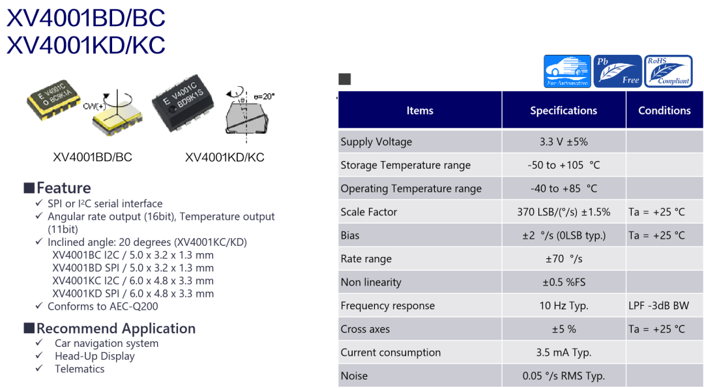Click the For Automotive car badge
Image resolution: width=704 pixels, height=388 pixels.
[x=567, y=71]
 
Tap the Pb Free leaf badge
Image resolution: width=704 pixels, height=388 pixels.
[x=617, y=71]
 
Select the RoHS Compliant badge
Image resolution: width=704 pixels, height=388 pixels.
[x=668, y=71]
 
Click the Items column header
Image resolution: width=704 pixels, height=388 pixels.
[x=420, y=110]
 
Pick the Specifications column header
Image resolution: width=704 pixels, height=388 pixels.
[x=563, y=110]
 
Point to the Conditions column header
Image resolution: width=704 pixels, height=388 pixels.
[x=664, y=110]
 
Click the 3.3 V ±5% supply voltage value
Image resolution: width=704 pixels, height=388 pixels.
[x=563, y=142]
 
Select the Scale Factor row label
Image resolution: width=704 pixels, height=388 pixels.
[x=368, y=212]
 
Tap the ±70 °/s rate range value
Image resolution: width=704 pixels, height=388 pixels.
[x=563, y=259]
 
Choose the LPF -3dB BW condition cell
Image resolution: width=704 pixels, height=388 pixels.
[x=658, y=306]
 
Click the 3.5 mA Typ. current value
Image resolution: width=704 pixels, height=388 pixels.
[x=563, y=353]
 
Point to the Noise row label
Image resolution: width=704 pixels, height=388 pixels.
[x=354, y=376]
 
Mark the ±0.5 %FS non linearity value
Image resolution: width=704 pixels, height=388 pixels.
[x=563, y=282]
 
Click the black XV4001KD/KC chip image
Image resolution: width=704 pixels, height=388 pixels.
[x=183, y=103]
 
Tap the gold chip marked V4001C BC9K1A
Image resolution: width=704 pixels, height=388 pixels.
[x=54, y=100]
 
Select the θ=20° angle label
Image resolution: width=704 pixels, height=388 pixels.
[x=264, y=97]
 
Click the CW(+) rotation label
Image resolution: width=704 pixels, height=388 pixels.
[x=95, y=106]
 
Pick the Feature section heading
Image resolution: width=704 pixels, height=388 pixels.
[x=63, y=188]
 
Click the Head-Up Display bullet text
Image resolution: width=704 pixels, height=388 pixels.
[x=95, y=356]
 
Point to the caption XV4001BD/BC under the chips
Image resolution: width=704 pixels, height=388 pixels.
[x=93, y=157]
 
